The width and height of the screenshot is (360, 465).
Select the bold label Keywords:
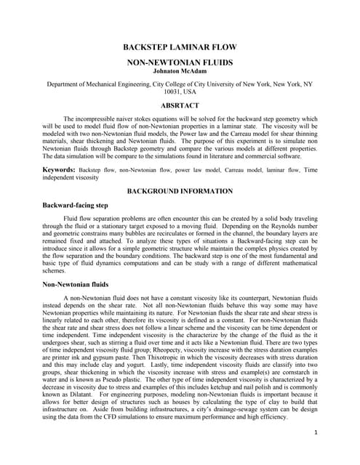[x=60, y=169]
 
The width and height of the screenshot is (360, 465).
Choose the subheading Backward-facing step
[x=76, y=206]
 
